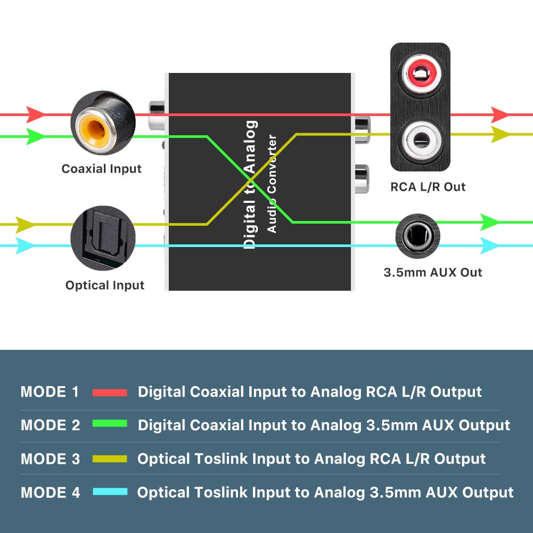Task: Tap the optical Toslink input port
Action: pos(103,234)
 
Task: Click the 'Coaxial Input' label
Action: pos(102,169)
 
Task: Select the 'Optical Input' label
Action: pos(105,285)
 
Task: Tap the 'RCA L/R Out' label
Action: pos(428,187)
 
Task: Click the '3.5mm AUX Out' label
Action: pos(433,273)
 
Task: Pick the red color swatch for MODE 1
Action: pos(110,392)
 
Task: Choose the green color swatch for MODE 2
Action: pos(110,424)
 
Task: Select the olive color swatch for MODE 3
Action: pos(110,458)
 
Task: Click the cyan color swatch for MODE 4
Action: pos(110,492)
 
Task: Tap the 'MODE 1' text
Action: pos(50,392)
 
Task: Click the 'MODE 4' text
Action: pos(50,493)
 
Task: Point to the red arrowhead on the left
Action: pos(35,114)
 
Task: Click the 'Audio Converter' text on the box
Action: pos(272,184)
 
